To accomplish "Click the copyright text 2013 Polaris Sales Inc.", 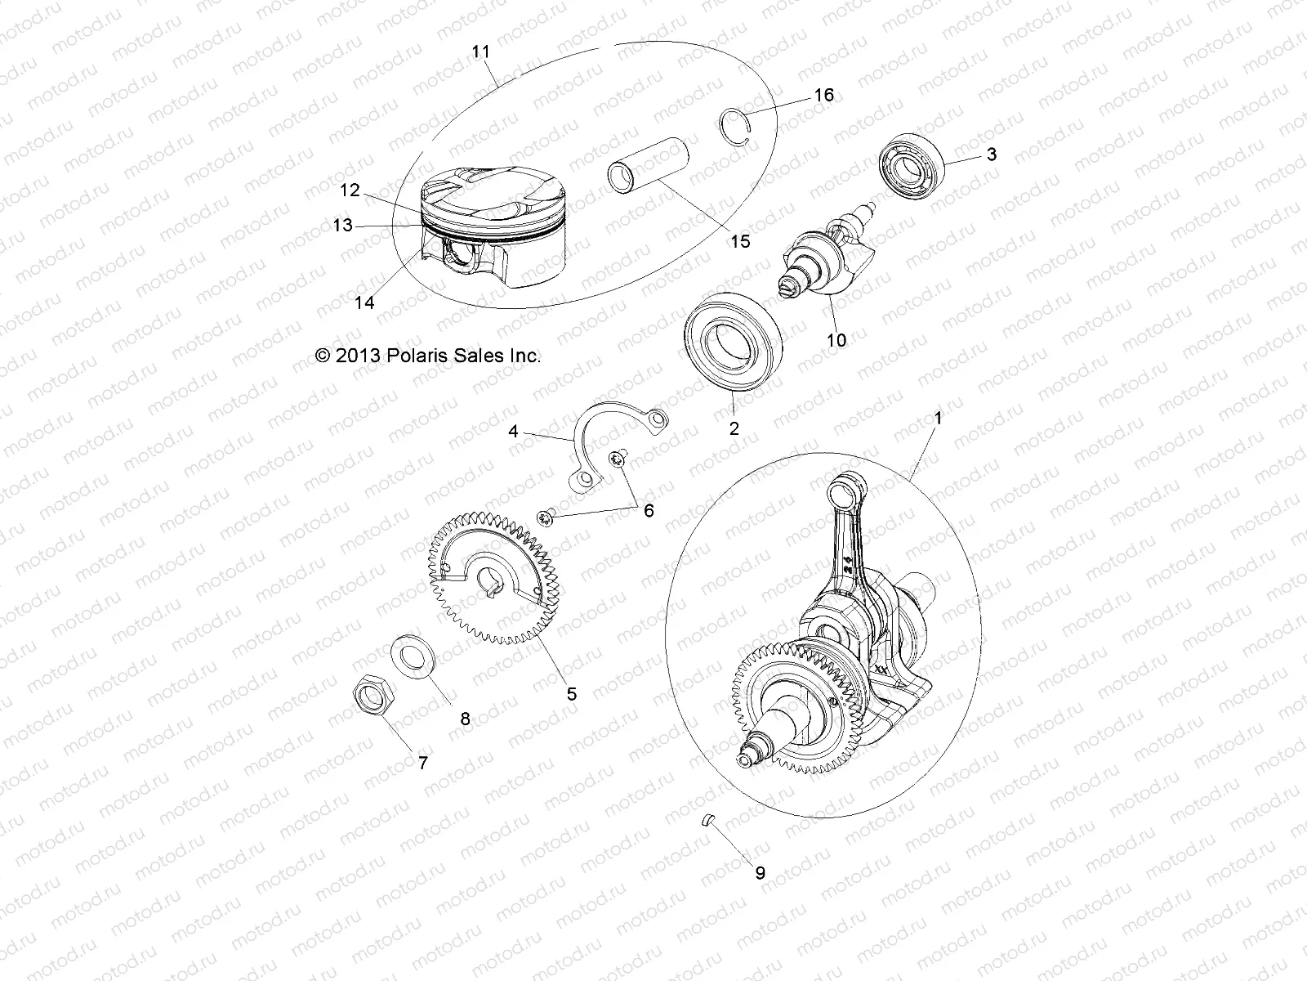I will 428,356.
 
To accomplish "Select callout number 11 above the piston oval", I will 481,51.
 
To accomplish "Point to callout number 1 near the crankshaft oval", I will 938,418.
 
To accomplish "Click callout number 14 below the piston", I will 364,302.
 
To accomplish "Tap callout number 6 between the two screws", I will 649,510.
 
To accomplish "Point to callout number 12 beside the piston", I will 350,190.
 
